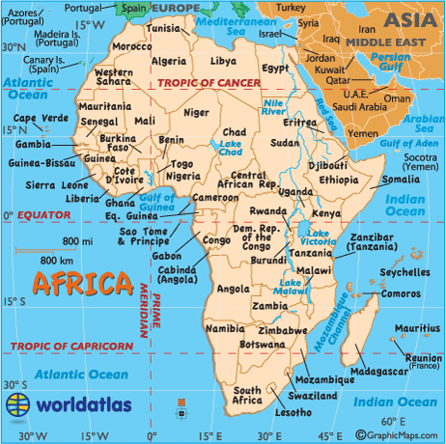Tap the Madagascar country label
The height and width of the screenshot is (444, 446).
(x=371, y=372)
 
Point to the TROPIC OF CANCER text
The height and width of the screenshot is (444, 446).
(x=210, y=85)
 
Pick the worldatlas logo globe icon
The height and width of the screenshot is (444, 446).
(x=17, y=404)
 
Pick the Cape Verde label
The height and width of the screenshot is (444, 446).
(x=37, y=119)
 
